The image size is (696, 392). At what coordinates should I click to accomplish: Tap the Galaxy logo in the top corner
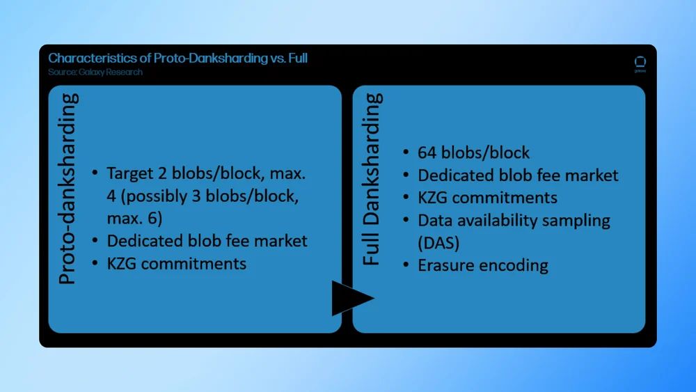(x=640, y=64)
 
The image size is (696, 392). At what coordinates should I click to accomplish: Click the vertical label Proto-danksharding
(x=68, y=189)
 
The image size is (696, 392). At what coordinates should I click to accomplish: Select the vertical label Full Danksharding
(x=372, y=179)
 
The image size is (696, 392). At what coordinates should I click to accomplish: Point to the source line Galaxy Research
(x=95, y=72)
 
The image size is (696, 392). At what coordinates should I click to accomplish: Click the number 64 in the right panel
(x=427, y=152)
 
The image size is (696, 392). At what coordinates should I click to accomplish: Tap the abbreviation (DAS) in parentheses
(x=438, y=243)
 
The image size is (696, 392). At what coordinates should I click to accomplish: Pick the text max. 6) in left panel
(x=134, y=219)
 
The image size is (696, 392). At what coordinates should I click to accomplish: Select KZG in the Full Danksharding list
(x=432, y=198)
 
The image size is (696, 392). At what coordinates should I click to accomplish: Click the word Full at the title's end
(x=298, y=58)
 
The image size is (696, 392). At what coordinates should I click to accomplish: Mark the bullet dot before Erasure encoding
(x=406, y=265)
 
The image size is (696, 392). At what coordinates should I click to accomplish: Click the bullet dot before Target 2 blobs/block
(x=95, y=173)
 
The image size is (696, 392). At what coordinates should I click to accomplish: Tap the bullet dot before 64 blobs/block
(x=406, y=152)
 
